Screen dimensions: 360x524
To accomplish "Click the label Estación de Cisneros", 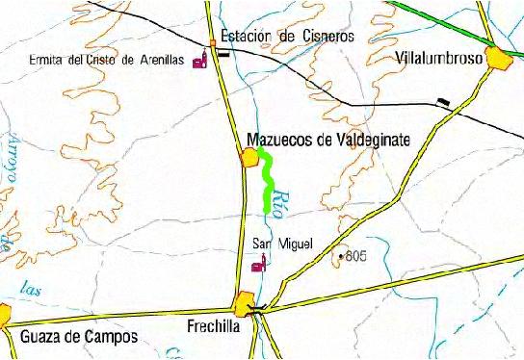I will (288, 36).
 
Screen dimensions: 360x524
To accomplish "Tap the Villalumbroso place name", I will (438, 59).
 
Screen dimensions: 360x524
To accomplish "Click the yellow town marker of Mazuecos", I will (249, 158).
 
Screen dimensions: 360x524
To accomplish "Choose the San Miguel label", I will (282, 244).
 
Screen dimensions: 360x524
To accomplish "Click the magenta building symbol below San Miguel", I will (257, 265).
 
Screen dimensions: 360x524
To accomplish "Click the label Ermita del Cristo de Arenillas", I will (107, 60).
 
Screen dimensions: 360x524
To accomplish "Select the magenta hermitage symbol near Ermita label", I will (200, 62).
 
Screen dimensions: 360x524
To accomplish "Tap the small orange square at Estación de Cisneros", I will (214, 41).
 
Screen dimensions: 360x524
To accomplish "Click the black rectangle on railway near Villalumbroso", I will (442, 100).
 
